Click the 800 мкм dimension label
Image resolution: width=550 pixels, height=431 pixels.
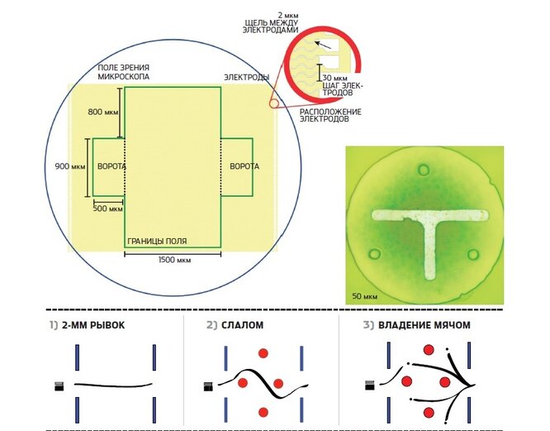pyautogui.click(x=103, y=110)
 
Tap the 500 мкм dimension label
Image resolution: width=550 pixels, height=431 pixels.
pyautogui.click(x=107, y=209)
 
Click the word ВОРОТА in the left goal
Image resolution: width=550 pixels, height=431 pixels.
pyautogui.click(x=111, y=166)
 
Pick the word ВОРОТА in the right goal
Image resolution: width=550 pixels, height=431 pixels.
pyautogui.click(x=244, y=166)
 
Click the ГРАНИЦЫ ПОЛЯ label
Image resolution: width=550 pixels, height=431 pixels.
pyautogui.click(x=156, y=242)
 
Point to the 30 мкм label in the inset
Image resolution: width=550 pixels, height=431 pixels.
pyautogui.click(x=328, y=77)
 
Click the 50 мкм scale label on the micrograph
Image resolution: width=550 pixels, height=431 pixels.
pyautogui.click(x=364, y=295)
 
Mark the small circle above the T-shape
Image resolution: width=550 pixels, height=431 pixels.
pyautogui.click(x=424, y=170)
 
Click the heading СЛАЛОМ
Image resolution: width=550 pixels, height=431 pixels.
pyautogui.click(x=241, y=325)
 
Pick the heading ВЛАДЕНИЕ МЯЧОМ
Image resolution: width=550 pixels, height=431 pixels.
pyautogui.click(x=424, y=325)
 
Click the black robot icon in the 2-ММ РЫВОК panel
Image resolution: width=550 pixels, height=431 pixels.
pyautogui.click(x=59, y=385)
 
